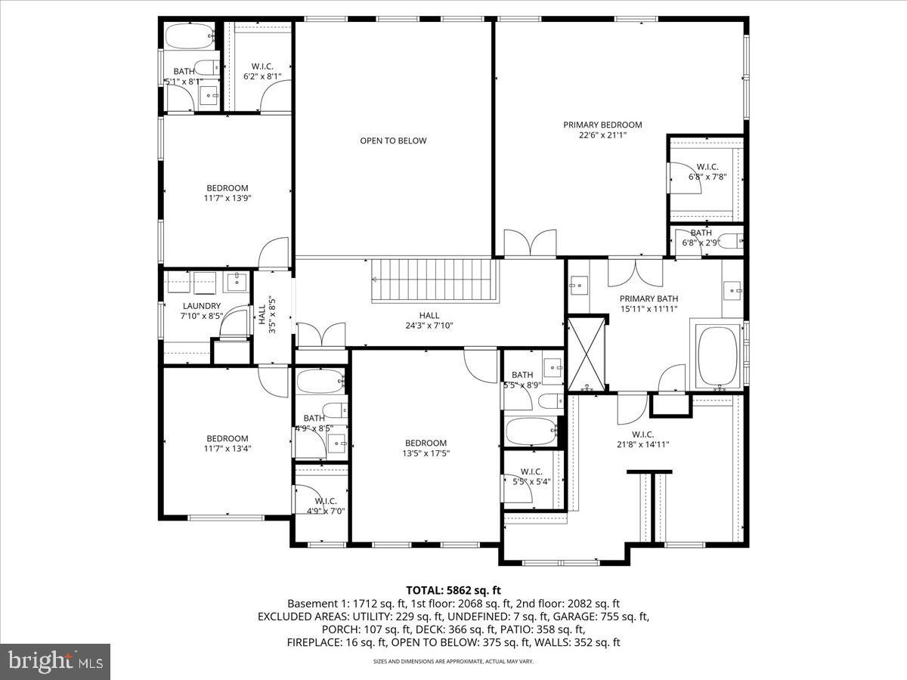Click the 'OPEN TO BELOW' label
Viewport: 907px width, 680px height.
pos(393,141)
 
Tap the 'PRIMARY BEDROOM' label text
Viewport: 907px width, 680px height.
pos(602,125)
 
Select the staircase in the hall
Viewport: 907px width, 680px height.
pos(435,280)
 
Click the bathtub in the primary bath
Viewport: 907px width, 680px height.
pos(717,356)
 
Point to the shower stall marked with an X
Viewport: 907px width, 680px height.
pos(587,354)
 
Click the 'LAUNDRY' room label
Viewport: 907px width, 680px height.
pos(202,306)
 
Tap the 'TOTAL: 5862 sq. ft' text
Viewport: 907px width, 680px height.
pos(453,590)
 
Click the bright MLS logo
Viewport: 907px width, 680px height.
pos(55,662)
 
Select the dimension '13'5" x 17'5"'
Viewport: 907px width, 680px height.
pos(426,454)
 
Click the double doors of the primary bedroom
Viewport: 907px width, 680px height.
pos(530,245)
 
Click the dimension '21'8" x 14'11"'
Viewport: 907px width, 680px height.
pos(642,444)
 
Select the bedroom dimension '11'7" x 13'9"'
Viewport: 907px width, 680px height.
pos(228,199)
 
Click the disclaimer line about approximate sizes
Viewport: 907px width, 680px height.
pos(453,661)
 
